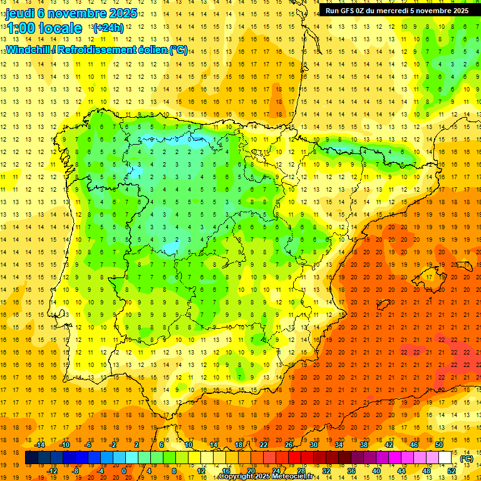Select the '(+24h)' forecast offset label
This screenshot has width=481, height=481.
tap(108, 28)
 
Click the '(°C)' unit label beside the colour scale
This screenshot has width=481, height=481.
tap(467, 458)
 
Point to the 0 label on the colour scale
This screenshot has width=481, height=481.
tap(124, 471)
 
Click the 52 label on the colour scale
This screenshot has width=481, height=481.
tap(452, 471)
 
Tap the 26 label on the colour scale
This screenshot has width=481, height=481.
tap(289, 445)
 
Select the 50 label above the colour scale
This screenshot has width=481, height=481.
tap(439, 445)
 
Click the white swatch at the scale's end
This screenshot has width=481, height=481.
tap(445, 458)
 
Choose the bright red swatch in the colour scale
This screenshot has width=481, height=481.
tap(295, 458)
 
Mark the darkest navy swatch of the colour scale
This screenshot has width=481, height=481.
tap(32, 458)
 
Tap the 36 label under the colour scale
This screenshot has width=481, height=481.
tap(351, 471)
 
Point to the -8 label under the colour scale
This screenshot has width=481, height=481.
tap(76, 471)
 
